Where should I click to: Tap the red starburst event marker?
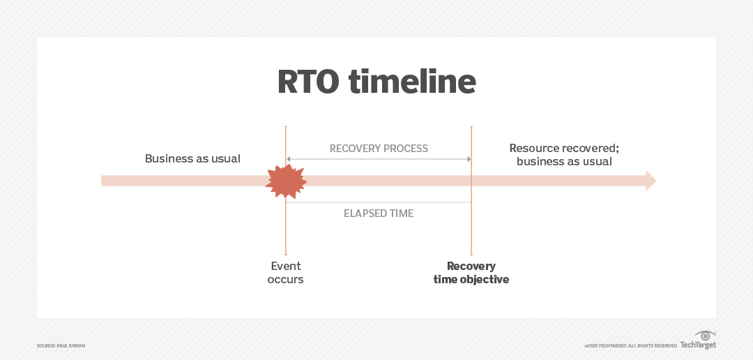(286, 181)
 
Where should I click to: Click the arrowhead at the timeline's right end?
(651, 181)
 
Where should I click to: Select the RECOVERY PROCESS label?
(379, 149)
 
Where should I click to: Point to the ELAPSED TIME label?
(379, 213)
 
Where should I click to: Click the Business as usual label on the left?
(192, 158)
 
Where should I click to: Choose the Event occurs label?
(286, 273)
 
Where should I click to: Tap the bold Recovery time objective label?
(471, 273)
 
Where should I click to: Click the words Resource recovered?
(564, 148)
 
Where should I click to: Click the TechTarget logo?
(698, 345)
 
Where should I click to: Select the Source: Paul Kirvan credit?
(61, 346)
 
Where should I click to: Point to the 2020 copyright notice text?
(630, 346)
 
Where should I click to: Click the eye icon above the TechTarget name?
(706, 336)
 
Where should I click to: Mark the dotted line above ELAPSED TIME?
(379, 202)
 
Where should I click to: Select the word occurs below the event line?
(286, 280)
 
